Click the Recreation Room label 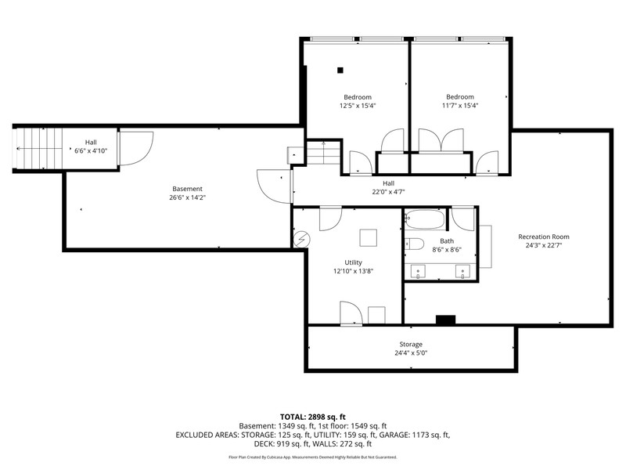tap(543, 237)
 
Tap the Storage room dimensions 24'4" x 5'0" tap(411, 353)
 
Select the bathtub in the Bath tap(424, 219)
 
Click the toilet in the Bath tap(414, 244)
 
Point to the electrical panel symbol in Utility tap(302, 240)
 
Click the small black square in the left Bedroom tap(340, 70)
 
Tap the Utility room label tap(354, 262)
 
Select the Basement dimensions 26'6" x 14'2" tap(187, 197)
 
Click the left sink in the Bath tap(418, 271)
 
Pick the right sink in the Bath tap(462, 271)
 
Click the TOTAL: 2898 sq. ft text tap(312, 418)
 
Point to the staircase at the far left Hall tap(38, 149)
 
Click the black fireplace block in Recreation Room tap(445, 320)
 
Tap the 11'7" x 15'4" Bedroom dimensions tap(460, 106)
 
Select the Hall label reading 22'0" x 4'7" tap(388, 192)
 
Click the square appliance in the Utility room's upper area tap(368, 238)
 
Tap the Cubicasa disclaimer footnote tap(312, 457)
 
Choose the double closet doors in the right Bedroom tap(441, 140)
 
